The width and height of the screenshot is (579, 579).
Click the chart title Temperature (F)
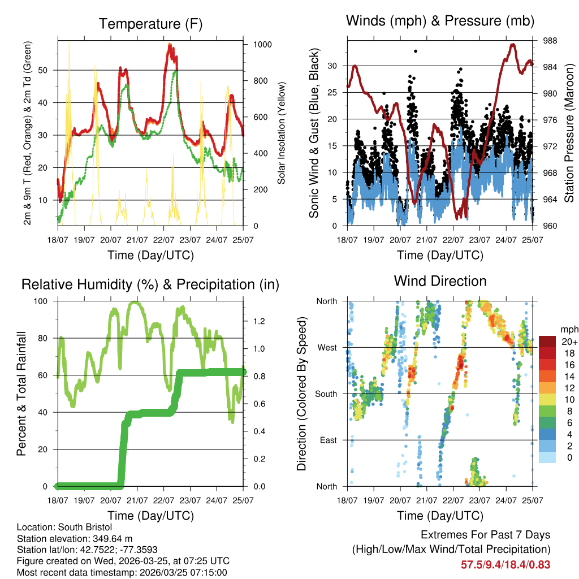point(150,24)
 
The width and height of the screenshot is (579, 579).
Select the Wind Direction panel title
point(440,280)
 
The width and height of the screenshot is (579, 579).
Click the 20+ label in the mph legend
point(568,342)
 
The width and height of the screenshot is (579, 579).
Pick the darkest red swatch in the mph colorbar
point(547,342)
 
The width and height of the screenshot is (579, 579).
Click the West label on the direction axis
point(327,347)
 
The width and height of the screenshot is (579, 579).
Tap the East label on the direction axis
point(329,440)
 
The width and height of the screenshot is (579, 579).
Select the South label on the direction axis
point(326,394)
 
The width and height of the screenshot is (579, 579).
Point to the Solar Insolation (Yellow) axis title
point(281,133)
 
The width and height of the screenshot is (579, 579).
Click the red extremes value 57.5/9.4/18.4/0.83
point(505,564)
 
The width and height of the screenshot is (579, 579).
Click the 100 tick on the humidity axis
point(44,301)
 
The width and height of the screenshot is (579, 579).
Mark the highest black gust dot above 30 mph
point(416,51)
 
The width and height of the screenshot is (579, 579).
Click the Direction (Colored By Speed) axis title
point(302,394)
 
